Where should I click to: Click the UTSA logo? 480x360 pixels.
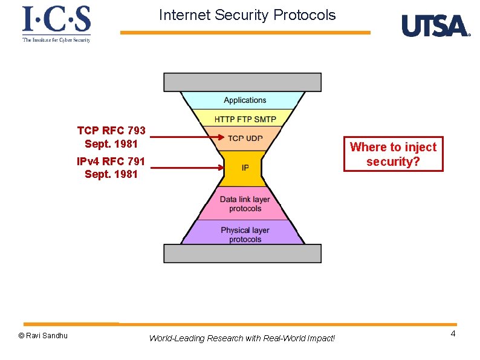tap(435, 25)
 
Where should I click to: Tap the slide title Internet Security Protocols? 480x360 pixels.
tap(247, 15)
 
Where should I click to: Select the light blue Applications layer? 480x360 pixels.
tap(244, 100)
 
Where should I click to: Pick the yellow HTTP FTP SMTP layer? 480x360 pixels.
tap(244, 117)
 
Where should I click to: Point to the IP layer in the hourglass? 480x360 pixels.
tap(244, 168)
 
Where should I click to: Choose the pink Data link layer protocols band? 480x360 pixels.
tap(244, 204)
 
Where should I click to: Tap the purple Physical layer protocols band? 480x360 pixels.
tap(244, 235)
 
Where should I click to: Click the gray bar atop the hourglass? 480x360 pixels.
tap(242, 82)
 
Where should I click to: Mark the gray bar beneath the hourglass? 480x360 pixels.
tap(242, 254)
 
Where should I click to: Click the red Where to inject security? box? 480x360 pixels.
tap(393, 154)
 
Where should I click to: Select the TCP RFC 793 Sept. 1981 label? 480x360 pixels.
tap(111, 137)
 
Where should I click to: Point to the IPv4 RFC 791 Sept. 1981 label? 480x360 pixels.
tap(111, 168)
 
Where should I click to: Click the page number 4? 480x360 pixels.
tap(453, 335)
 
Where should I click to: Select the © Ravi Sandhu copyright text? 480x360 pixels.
tap(43, 335)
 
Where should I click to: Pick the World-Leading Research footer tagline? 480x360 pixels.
tap(242, 338)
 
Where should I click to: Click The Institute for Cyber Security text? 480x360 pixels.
tap(56, 40)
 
